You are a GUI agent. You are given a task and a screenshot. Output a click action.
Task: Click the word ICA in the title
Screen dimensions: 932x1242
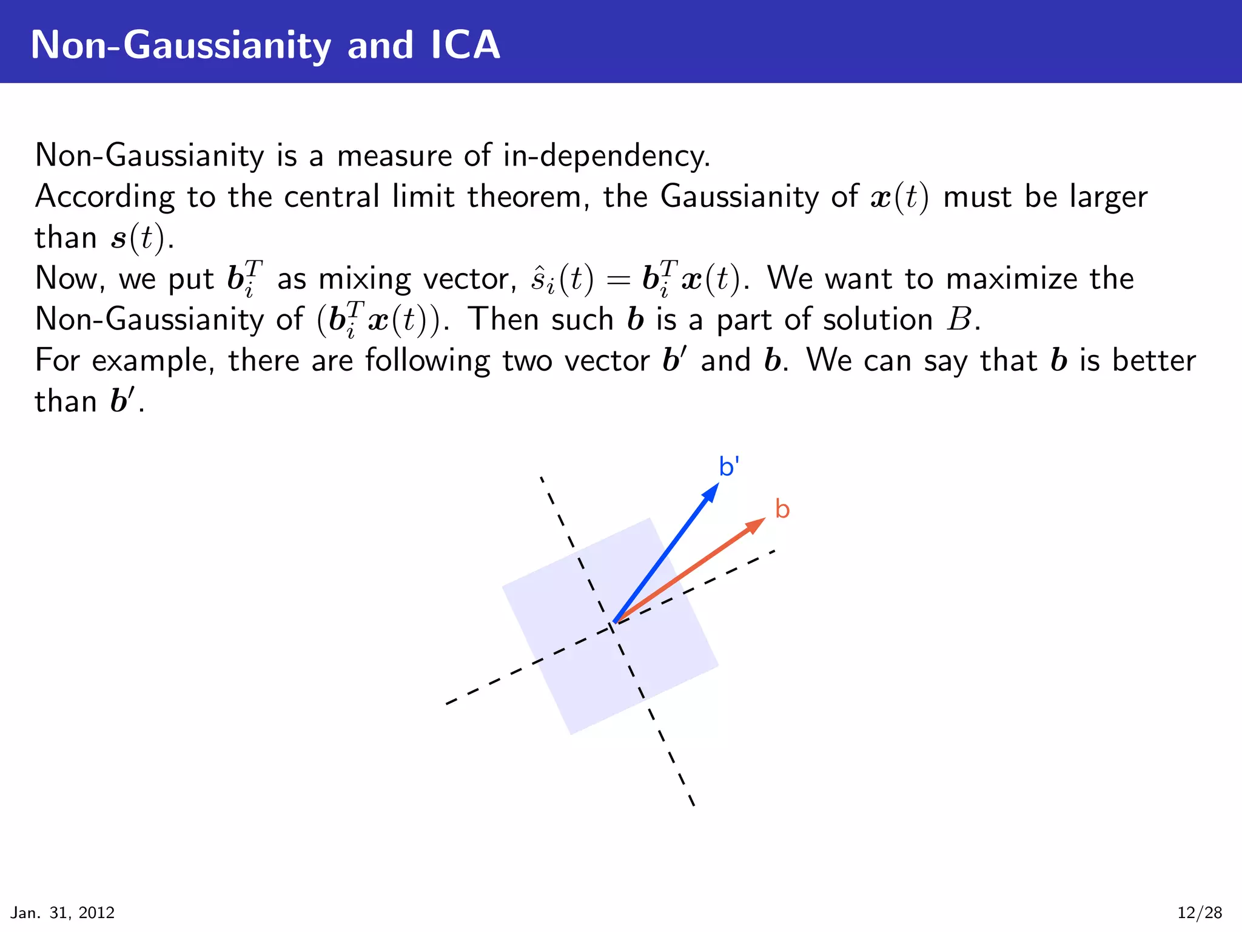(465, 45)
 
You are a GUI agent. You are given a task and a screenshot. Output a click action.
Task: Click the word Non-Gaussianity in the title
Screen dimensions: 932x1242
(180, 46)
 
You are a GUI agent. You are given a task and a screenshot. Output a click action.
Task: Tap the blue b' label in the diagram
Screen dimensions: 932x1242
(728, 467)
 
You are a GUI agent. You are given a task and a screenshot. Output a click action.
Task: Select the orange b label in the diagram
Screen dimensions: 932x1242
(782, 510)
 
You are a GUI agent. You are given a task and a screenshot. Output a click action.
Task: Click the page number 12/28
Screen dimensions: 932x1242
(1200, 913)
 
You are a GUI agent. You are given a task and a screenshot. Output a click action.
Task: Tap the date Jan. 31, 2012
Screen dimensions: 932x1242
(62, 913)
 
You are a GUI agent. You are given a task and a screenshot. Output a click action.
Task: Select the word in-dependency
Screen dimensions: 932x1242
(606, 156)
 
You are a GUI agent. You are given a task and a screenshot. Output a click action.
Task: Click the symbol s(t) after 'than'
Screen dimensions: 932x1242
(138, 238)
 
